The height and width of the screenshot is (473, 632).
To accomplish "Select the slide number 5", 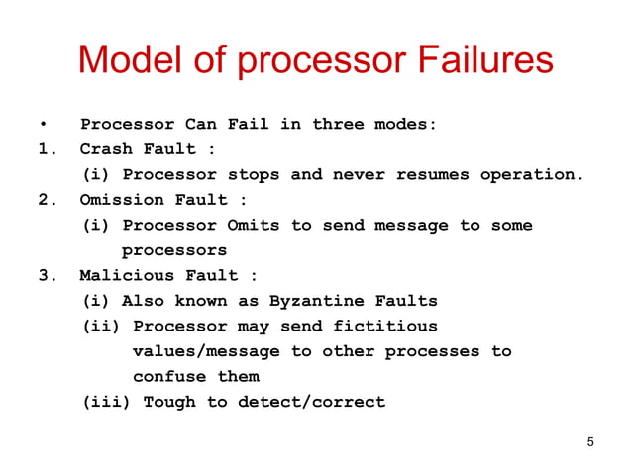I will pos(590,441).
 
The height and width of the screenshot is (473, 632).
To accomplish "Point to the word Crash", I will pos(106,149).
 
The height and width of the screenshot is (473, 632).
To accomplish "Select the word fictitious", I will pos(385,327).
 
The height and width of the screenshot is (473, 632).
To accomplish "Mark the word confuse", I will pos(169,377).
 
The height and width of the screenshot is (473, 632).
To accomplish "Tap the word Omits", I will pos(254,226).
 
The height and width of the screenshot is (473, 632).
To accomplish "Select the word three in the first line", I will pos(338,125).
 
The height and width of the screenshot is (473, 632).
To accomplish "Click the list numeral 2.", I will pos(45,200).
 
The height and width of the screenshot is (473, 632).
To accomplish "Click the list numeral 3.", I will pos(45,275).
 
